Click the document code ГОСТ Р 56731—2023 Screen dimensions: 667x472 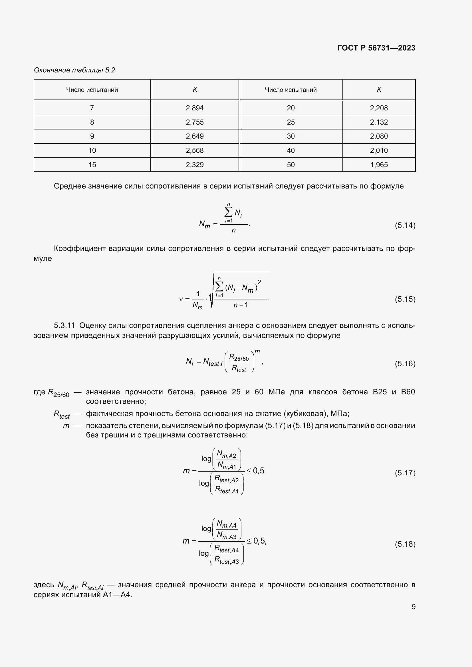click(376, 48)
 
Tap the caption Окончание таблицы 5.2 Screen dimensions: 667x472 click(74, 70)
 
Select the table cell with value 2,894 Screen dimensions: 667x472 click(194, 108)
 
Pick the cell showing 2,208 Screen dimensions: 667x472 click(378, 108)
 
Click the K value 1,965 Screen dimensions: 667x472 click(378, 165)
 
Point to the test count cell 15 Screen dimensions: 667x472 click(92, 165)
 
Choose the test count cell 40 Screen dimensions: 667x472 click(290, 151)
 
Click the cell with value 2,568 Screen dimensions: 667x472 click(194, 151)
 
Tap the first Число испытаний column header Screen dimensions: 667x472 click(92, 90)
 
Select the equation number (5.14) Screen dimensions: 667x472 click(405, 225)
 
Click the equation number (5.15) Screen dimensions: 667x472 click(405, 299)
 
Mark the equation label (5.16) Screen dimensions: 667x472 click(405, 363)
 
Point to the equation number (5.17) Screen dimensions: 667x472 click(405, 473)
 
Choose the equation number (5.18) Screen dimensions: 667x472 click(405, 544)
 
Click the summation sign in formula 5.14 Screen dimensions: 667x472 click(229, 212)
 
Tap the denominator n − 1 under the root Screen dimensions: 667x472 click(241, 305)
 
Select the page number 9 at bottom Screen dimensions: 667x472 click(413, 607)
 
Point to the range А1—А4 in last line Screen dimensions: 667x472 click(117, 595)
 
